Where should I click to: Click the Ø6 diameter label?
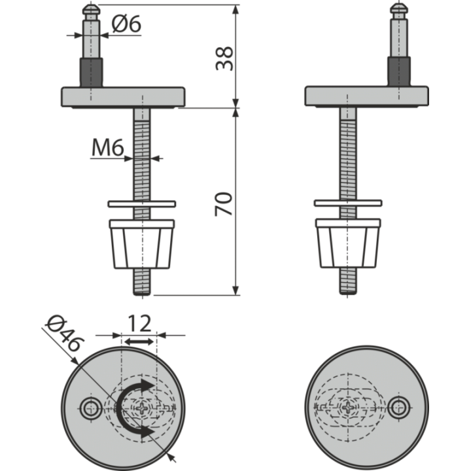pyautogui.click(x=126, y=24)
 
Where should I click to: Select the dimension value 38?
pyautogui.click(x=224, y=58)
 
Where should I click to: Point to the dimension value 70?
pyautogui.click(x=224, y=203)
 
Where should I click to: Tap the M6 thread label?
pyautogui.click(x=107, y=148)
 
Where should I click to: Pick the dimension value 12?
pyautogui.click(x=139, y=324)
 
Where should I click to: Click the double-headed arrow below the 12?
pyautogui.click(x=139, y=341)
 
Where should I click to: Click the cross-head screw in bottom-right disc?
pyautogui.click(x=348, y=408)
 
